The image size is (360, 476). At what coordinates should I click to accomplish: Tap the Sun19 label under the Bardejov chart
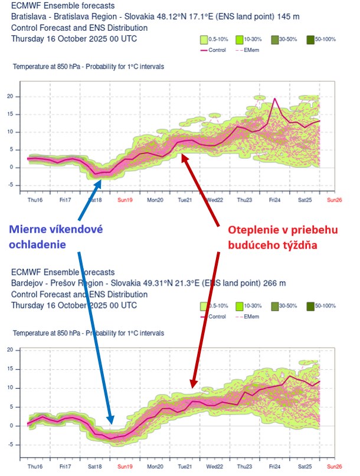[x=125, y=466]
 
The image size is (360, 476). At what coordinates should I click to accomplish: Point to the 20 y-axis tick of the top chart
[x=10, y=96]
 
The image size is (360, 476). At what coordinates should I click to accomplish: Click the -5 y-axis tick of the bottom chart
[x=10, y=445]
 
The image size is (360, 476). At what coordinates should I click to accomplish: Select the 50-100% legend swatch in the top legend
[x=310, y=40]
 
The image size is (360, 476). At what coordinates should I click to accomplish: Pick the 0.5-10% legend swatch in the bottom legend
[x=205, y=306]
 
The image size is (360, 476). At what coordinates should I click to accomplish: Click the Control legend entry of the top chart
[x=215, y=50]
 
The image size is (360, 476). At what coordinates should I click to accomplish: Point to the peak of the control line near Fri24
[x=275, y=99]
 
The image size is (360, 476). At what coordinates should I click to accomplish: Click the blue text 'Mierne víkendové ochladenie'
[x=64, y=237]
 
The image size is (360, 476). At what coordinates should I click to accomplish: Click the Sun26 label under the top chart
[x=335, y=200]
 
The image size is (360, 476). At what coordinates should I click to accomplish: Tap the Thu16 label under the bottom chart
[x=34, y=466]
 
